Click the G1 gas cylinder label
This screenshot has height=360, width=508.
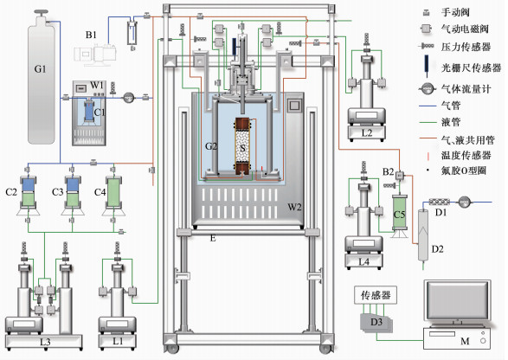coord(40,69)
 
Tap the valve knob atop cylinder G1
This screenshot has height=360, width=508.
coord(42,12)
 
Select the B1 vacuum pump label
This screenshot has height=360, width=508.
coord(91,35)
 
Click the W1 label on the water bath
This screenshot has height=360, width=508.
coord(97,85)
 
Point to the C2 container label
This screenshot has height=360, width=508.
coord(11,192)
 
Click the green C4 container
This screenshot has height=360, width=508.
coord(113,192)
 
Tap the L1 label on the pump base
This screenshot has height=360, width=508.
coord(118,341)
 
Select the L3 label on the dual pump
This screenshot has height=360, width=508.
coord(45,342)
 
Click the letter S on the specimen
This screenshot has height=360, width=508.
coord(242,148)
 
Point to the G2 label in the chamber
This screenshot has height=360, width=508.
coord(211,146)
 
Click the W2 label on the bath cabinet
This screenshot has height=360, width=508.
coord(294,207)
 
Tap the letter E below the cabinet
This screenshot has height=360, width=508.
coord(213,238)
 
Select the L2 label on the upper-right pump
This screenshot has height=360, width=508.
coord(367,133)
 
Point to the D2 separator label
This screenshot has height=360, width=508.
coord(437,249)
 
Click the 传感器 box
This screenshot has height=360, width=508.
coord(376,295)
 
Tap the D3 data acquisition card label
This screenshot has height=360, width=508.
coord(376,322)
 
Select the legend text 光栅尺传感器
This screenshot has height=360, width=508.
coord(471,67)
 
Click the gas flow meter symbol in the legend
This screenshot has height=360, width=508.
coord(427,88)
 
